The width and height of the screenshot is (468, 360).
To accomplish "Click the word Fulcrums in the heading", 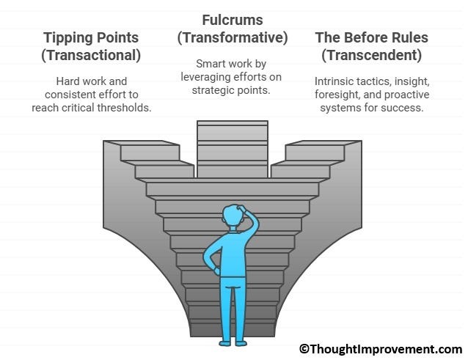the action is (233, 21).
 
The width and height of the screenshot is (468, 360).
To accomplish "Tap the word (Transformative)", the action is (233, 38).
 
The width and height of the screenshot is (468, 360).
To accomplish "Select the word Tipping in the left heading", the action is (67, 38).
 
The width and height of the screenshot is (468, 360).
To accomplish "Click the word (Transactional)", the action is (91, 56).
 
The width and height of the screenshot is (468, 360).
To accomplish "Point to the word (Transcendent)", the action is (372, 55).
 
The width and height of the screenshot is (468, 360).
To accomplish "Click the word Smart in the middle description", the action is (210, 64).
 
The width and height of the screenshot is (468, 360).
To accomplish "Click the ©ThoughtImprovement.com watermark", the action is (381, 349).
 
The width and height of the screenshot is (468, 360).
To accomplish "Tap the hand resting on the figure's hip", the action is (217, 271).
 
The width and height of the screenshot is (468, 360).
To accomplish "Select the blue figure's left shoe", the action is (225, 344).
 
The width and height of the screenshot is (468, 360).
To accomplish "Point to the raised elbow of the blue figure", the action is (255, 222).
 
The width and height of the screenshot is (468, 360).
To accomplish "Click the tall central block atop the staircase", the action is (233, 149).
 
